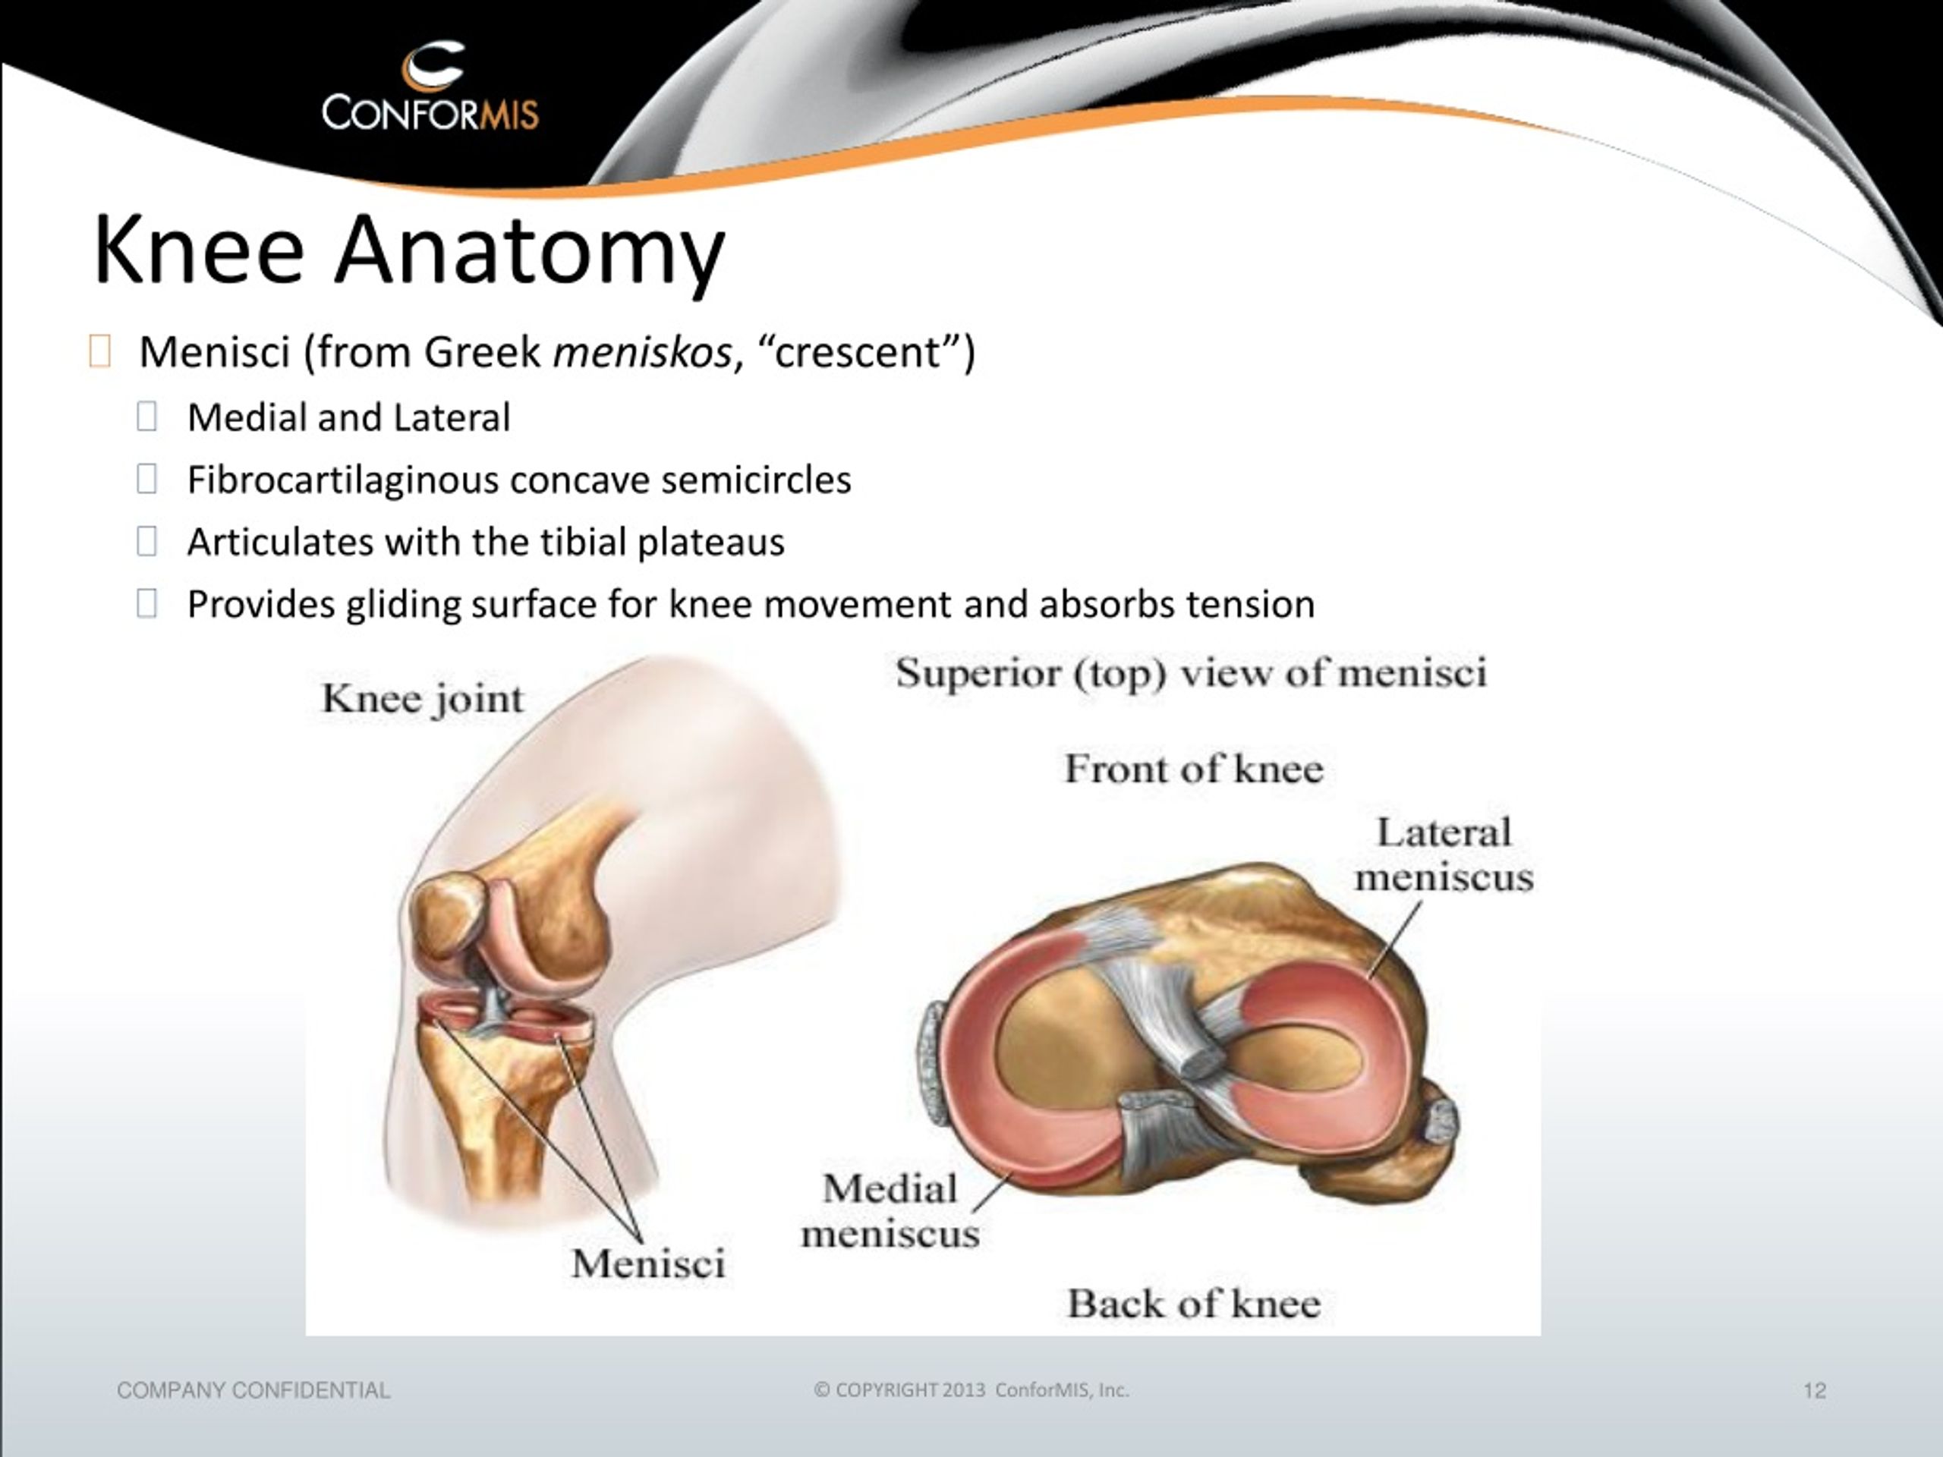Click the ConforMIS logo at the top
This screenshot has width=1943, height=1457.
[x=430, y=88]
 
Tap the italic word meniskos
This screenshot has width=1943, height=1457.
[x=642, y=352]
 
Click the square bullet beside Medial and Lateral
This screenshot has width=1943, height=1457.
[x=146, y=417]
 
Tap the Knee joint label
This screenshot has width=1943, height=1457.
[x=424, y=700]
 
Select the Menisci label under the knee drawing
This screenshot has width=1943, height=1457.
[x=648, y=1263]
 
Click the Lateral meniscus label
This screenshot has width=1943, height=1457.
[x=1444, y=854]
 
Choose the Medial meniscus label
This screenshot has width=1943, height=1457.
[x=890, y=1211]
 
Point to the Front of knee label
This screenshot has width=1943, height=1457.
[x=1194, y=769]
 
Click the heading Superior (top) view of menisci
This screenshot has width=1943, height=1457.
[x=1191, y=675]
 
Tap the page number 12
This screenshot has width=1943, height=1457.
[x=1815, y=1391]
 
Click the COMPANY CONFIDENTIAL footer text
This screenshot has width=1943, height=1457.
[x=254, y=1391]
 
